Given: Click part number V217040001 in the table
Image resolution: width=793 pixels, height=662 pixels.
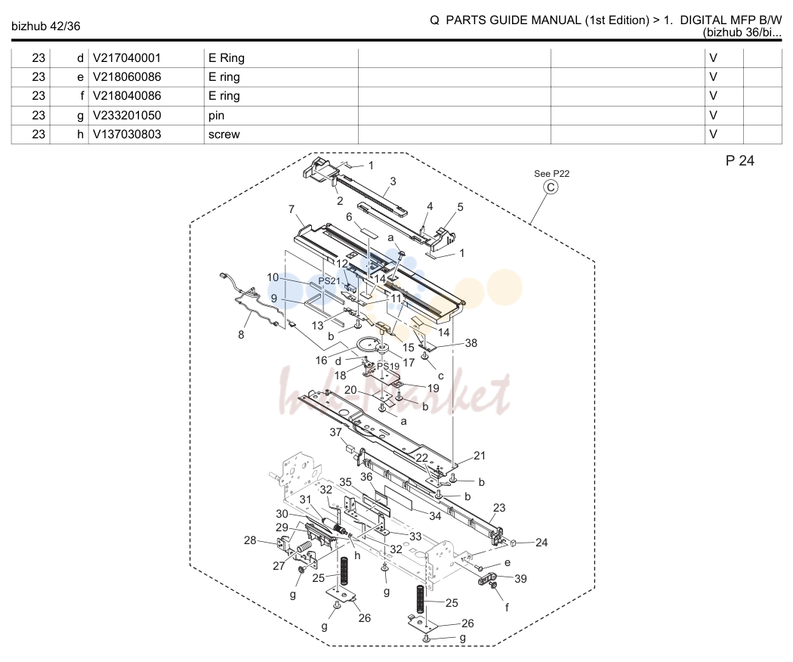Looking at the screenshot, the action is coord(126,58).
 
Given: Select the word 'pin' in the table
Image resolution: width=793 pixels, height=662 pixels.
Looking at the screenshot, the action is coord(216,116).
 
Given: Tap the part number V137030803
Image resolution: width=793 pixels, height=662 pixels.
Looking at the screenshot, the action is coord(126,135).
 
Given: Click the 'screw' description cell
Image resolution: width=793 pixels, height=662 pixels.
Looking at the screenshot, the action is coord(224,135).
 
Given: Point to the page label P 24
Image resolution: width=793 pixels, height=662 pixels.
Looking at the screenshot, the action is coord(740,161).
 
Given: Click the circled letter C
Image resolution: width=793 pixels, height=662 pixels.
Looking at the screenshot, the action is coord(551,187).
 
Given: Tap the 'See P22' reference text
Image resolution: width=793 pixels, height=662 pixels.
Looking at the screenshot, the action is coord(552,174).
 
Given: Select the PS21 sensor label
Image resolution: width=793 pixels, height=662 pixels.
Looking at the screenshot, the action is coord(329,281).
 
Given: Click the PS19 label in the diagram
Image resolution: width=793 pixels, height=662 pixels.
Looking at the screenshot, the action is coord(388,366).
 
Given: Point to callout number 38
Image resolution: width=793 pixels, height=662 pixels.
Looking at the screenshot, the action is coord(471,343).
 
